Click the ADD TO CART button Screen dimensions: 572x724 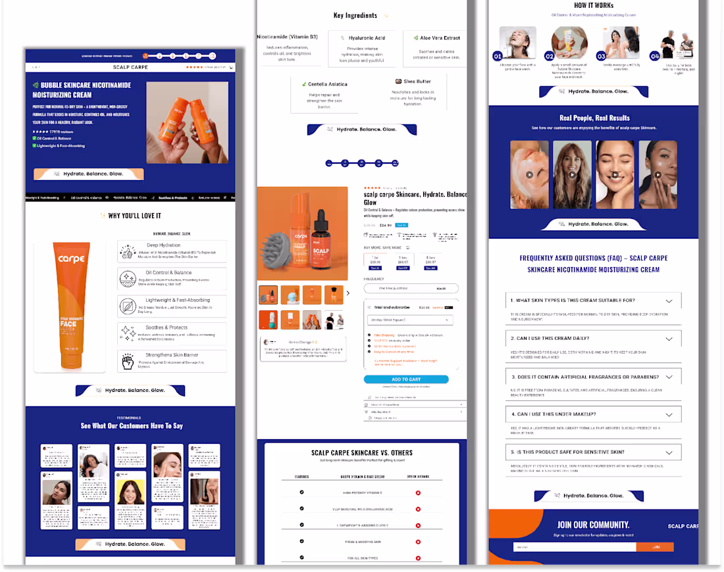click(406, 379)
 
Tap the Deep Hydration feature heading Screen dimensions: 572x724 click(164, 245)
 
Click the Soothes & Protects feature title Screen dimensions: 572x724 click(167, 327)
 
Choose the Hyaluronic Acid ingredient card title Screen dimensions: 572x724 click(367, 38)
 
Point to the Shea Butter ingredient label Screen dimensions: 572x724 click(417, 82)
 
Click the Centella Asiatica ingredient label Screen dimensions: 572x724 click(327, 84)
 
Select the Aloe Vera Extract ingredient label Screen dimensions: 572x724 click(440, 38)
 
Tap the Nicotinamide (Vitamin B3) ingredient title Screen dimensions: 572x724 click(287, 37)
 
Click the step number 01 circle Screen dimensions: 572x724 click(498, 57)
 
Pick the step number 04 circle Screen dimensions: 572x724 click(655, 57)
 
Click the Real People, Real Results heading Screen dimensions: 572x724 click(594, 118)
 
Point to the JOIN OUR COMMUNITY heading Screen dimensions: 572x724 click(593, 525)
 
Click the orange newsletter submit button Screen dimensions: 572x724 click(656, 547)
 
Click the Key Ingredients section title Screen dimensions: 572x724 click(355, 16)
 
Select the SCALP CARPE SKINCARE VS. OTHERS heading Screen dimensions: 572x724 click(361, 453)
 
